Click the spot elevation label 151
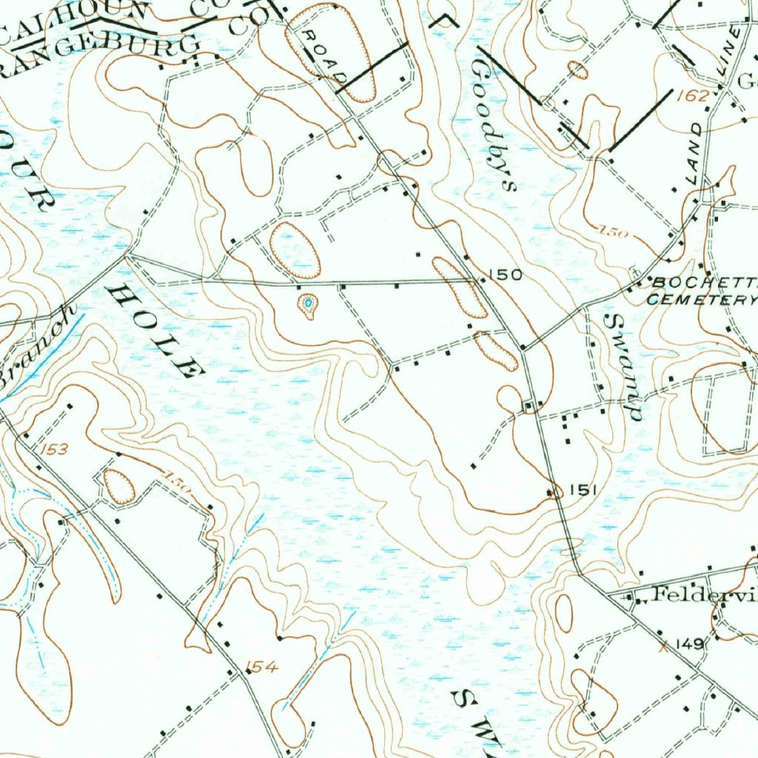583,489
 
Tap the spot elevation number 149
688,645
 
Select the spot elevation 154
263,668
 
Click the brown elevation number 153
54,449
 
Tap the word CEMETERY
700,300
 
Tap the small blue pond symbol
308,303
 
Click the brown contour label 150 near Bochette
614,232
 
